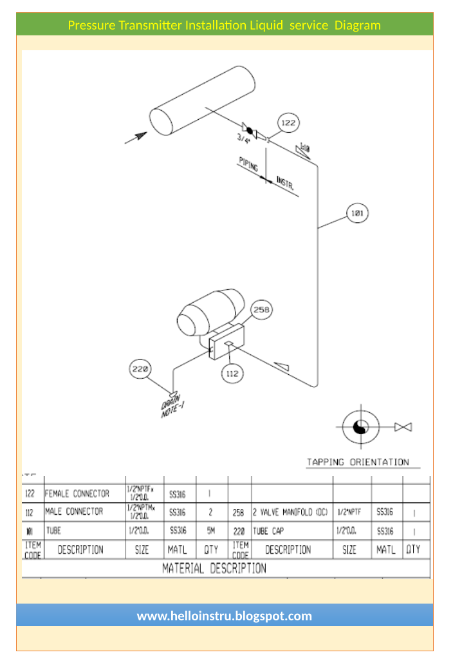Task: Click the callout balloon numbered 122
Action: (288, 122)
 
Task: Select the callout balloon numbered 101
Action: (358, 213)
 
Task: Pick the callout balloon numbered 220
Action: (141, 369)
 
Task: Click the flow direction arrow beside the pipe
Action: (136, 137)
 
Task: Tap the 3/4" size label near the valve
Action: (244, 138)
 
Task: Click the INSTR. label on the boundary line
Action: (285, 183)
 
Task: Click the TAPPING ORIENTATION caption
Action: (358, 462)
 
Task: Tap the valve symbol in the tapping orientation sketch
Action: (403, 427)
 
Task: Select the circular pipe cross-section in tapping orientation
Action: (360, 426)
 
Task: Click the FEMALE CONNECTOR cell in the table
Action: (77, 494)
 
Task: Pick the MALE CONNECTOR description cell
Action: (74, 511)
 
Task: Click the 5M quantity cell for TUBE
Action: (211, 531)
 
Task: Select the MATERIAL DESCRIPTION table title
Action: (214, 568)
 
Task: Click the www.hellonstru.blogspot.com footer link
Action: (224, 616)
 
